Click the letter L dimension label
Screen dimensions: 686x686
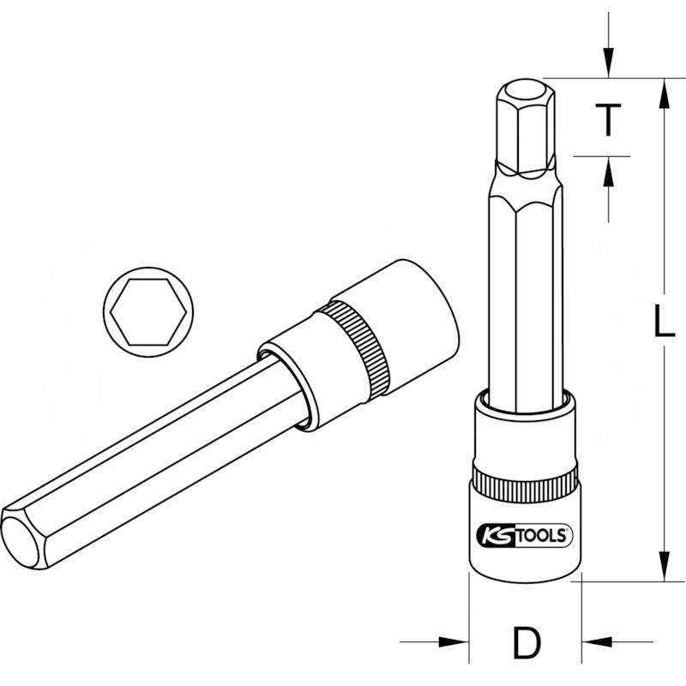click(x=662, y=323)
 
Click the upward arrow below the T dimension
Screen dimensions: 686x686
click(x=608, y=176)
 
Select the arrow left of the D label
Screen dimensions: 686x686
click(x=450, y=641)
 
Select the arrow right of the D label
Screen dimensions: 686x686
click(x=599, y=641)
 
